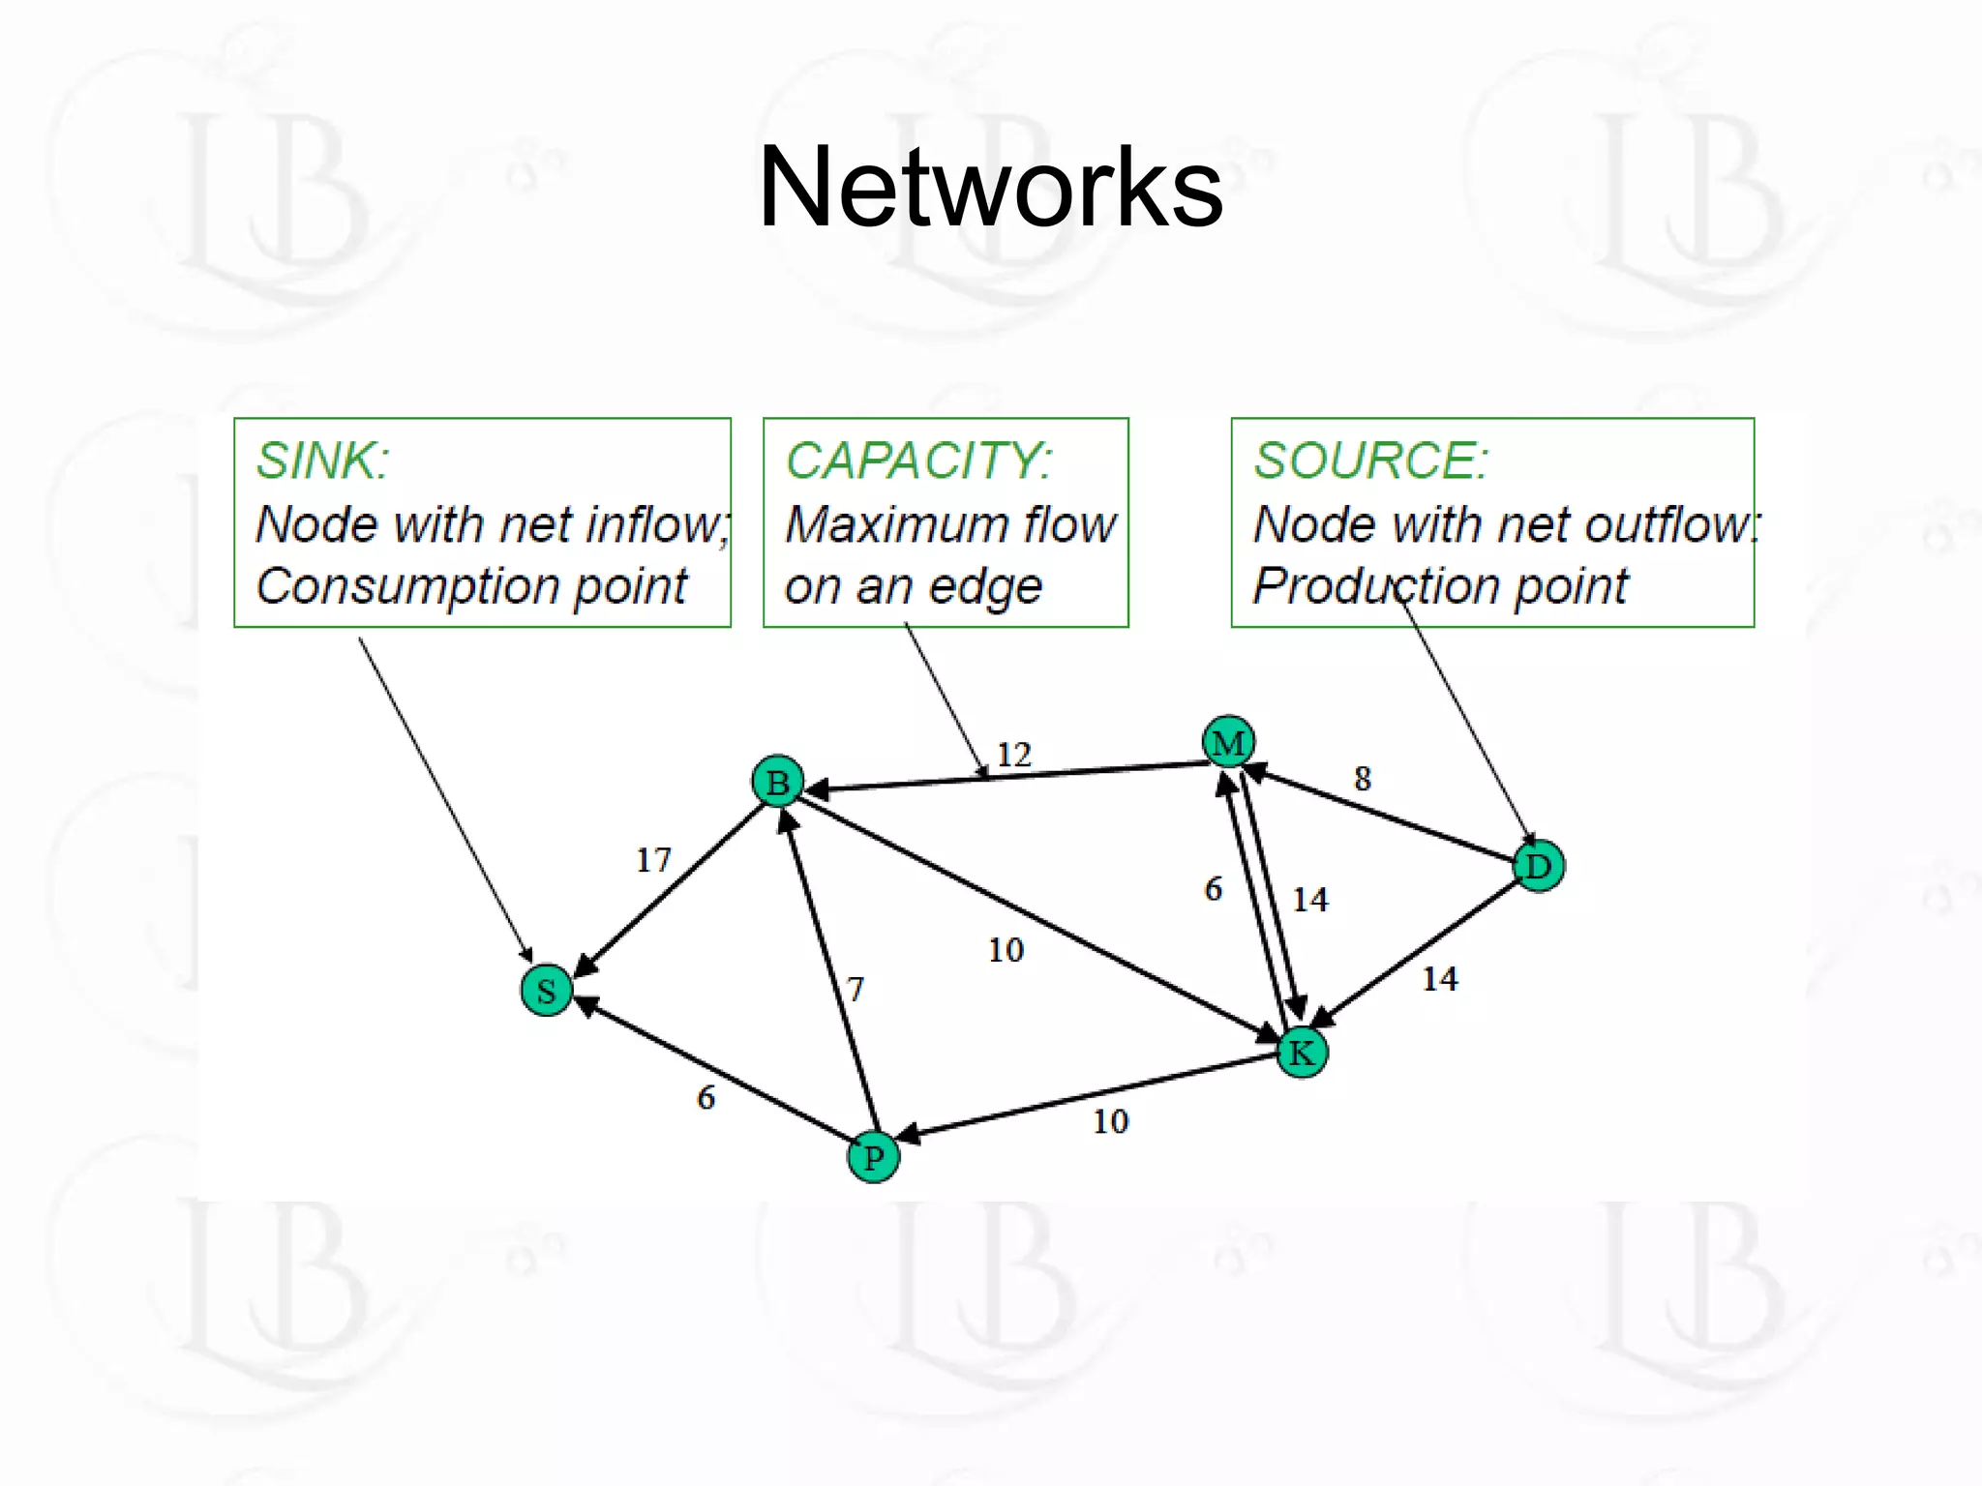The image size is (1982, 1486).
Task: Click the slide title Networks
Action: (990, 186)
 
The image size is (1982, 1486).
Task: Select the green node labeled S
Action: (546, 990)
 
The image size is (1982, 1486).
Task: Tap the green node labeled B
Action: (777, 782)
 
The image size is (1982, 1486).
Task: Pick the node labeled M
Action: (1228, 742)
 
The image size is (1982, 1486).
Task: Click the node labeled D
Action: (1538, 866)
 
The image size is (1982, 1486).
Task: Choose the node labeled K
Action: (1302, 1052)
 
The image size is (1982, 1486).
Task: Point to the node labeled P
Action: (873, 1157)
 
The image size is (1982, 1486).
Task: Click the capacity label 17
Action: (653, 859)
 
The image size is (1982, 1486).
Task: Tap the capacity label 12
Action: (1013, 754)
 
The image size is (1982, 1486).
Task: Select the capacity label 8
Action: (1362, 778)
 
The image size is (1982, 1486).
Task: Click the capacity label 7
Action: (855, 989)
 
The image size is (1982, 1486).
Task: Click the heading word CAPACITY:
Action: (918, 461)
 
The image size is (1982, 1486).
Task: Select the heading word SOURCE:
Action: (1370, 461)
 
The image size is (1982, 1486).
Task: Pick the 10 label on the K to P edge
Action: (1110, 1121)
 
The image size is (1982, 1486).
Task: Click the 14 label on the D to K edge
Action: (1439, 978)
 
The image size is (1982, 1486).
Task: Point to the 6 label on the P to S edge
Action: (706, 1097)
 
